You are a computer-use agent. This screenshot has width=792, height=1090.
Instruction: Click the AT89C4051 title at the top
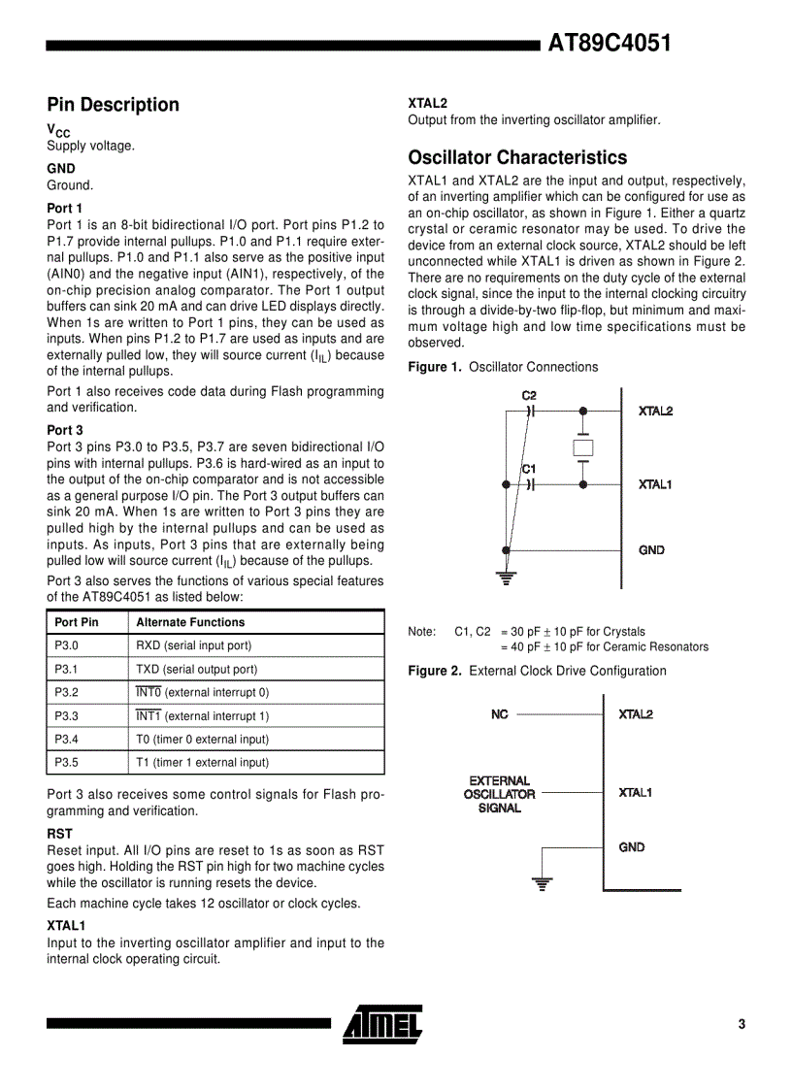click(x=610, y=44)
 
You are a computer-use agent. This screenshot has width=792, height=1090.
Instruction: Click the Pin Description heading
click(x=113, y=105)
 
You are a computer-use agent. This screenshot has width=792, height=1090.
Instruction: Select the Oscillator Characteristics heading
click(x=517, y=157)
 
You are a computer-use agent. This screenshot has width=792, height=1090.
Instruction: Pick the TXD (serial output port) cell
click(x=197, y=669)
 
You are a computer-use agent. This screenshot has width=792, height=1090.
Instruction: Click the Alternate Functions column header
click(x=190, y=622)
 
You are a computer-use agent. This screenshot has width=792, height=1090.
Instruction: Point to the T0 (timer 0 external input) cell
click(x=202, y=739)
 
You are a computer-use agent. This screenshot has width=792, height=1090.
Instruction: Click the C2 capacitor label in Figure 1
click(x=529, y=396)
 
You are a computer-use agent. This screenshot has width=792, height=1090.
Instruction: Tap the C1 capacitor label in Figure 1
click(x=529, y=470)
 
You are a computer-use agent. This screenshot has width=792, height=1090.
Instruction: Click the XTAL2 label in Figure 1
click(x=655, y=411)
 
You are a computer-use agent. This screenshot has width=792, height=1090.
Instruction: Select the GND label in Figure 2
click(x=632, y=847)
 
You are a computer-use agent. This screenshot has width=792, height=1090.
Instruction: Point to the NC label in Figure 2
click(x=500, y=714)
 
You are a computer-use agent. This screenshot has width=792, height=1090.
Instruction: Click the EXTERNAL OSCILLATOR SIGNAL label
click(x=501, y=794)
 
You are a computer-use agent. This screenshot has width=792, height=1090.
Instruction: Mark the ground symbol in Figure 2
click(x=543, y=883)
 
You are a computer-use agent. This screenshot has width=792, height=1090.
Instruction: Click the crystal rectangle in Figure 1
click(x=582, y=447)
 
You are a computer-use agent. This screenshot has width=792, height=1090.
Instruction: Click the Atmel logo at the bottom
click(x=382, y=1023)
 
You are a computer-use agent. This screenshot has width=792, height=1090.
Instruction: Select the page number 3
click(x=742, y=1024)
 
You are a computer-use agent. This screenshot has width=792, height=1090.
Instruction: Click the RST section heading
click(x=59, y=834)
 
